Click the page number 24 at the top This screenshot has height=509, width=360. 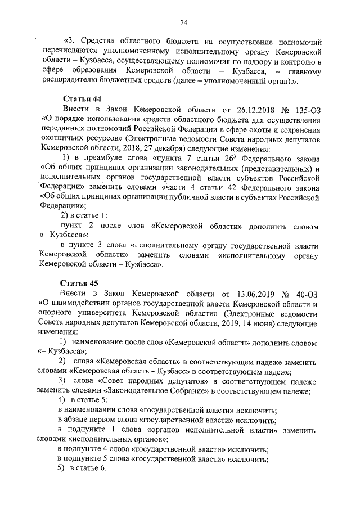[183, 22]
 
